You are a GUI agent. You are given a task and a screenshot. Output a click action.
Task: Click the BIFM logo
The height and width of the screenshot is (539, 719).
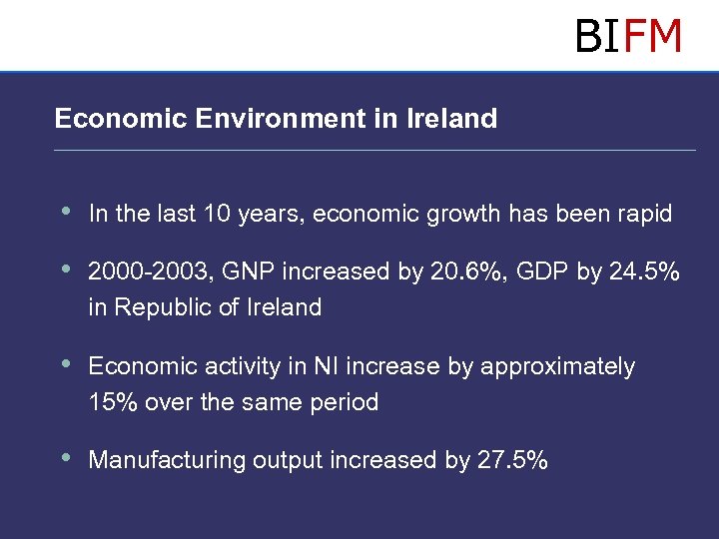coord(628,37)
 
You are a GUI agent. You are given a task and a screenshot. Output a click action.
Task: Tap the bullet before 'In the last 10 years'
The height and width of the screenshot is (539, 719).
coord(66,212)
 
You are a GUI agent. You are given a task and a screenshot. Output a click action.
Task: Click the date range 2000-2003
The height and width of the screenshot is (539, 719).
coord(150,271)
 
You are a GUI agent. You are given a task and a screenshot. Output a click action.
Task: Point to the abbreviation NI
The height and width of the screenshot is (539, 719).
coord(326,366)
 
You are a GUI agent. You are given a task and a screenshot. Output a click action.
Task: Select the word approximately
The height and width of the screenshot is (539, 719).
coord(557,367)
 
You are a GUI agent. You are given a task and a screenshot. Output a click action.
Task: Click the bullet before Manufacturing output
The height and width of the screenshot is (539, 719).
coord(66,458)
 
